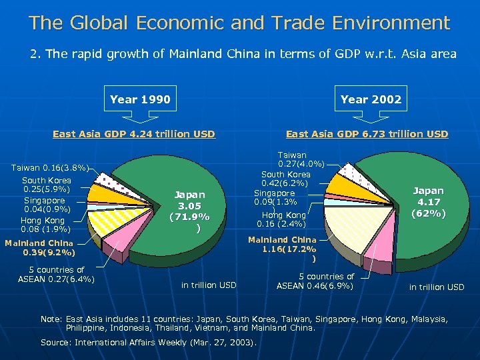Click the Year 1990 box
point(140,100)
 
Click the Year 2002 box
point(371,100)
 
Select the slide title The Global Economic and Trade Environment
point(239,23)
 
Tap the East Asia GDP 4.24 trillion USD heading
point(133,134)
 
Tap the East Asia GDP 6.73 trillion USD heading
point(367,134)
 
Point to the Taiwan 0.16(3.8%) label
point(51,168)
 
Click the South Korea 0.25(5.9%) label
point(46,185)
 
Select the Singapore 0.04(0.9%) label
point(45,205)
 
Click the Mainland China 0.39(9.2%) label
point(40,248)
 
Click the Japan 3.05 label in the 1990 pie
point(189,211)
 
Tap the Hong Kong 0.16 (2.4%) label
point(284,219)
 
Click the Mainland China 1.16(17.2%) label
point(282,248)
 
